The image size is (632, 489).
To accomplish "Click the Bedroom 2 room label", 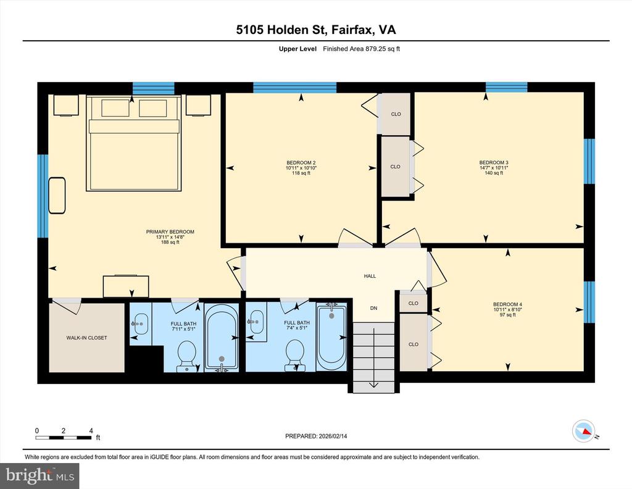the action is point(301,163).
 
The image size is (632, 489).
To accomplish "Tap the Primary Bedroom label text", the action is point(170,232).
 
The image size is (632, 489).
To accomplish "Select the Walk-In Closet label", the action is point(86,338).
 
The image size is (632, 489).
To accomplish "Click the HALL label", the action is point(370,276).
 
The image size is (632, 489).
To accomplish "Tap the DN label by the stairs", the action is point(373,308).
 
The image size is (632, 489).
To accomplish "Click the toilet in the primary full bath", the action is point(186,356).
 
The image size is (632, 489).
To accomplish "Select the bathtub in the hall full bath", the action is point(331,336).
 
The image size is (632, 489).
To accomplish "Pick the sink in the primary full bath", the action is point(140,324).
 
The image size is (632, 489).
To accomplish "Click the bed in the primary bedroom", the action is point(133,143).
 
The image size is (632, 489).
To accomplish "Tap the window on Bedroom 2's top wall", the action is point(294,88).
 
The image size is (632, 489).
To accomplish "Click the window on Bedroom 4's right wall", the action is point(589,302).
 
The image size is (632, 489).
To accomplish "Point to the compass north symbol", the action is point(584,431).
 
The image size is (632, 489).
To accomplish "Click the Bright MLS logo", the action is point(39,476).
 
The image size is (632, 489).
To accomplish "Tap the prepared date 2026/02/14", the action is point(333,436).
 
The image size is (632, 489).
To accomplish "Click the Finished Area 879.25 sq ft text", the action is point(361,49).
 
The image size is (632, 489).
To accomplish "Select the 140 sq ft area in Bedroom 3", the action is point(494,173).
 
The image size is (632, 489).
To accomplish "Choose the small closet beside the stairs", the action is point(413,303).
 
